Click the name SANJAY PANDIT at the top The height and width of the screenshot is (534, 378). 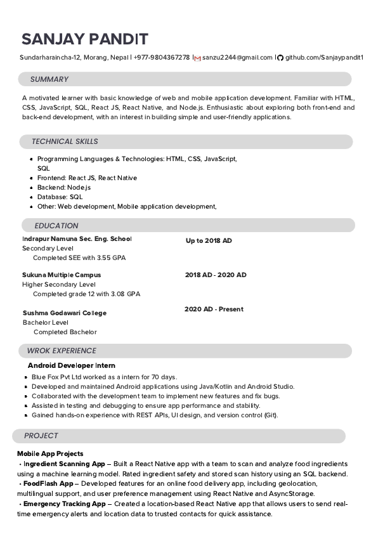point(84,39)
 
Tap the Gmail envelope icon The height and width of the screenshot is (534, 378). point(197,58)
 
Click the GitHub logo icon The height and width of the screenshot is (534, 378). point(280,58)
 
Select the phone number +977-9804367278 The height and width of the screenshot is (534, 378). point(161,58)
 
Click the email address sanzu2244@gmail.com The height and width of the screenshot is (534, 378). point(237,58)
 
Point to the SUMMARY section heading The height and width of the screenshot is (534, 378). point(49,79)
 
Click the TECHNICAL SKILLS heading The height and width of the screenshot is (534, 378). point(65,141)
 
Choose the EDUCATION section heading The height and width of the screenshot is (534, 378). point(56,226)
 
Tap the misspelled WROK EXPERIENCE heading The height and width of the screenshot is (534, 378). point(62,351)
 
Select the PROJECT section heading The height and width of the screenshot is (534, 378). point(41,436)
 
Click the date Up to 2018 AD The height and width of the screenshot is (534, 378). point(209,241)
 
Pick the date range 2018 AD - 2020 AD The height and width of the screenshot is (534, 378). point(216,275)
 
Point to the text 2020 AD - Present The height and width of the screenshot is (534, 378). point(214,309)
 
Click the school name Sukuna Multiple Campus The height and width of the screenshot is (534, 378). point(62,275)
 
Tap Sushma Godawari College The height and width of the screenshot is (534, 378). point(64,313)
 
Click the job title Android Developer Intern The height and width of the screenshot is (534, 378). point(72,366)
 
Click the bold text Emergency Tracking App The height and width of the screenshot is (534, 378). point(64,504)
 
